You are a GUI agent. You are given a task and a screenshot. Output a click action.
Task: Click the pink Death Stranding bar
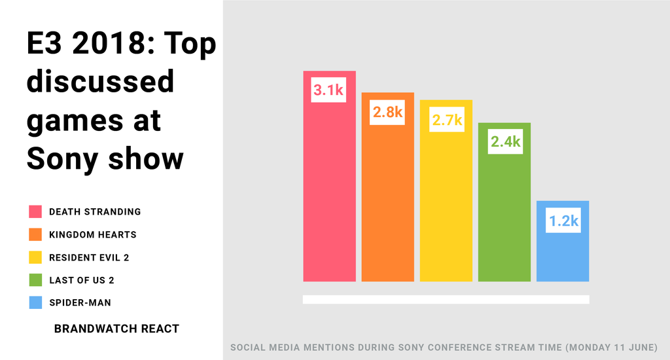pos(329,190)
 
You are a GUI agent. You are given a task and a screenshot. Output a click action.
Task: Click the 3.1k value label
pos(328,90)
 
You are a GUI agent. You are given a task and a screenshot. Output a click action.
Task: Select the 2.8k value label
pos(387,113)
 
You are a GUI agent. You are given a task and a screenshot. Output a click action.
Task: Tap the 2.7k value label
pos(446,120)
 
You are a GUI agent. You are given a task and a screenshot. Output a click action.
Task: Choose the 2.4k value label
pos(504,141)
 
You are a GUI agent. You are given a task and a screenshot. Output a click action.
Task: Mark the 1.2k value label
pos(563,221)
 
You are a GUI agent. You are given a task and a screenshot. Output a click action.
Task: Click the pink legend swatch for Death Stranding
pos(35,211)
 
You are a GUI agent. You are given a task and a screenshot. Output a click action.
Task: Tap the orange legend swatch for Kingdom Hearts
pos(35,234)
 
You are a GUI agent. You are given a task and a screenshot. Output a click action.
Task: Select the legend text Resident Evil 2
pos(89,257)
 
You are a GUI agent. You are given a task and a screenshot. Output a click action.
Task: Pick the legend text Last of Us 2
pos(82,280)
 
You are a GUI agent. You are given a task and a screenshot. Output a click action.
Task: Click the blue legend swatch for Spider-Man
pos(35,303)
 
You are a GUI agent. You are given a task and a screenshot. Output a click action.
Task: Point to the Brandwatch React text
pos(116,329)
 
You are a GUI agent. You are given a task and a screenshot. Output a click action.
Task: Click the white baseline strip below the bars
pos(446,299)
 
